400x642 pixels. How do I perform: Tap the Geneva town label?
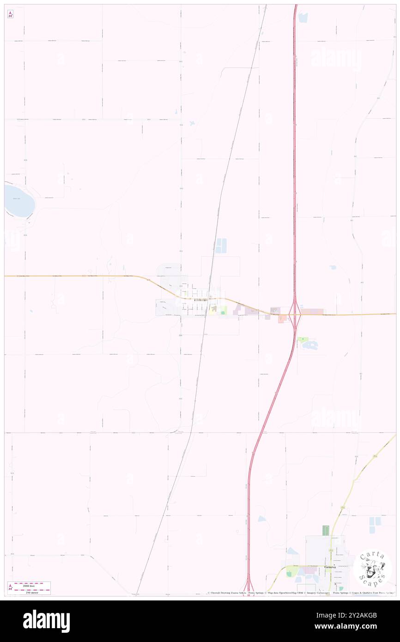tap(329, 567)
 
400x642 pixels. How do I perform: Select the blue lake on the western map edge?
tap(19, 200)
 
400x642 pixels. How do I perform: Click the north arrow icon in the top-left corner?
tap(10, 14)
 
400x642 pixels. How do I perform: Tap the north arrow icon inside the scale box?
tap(10, 587)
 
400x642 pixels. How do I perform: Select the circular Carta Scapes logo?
tap(372, 568)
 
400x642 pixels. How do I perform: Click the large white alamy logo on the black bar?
tap(46, 621)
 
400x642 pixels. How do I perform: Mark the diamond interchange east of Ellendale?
tap(295, 315)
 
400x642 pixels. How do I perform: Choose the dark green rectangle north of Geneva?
tap(325, 531)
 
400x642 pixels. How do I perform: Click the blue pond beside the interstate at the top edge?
tap(303, 18)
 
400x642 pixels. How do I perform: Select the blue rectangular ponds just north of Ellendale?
tap(221, 245)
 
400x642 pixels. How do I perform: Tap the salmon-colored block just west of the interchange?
tap(281, 319)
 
